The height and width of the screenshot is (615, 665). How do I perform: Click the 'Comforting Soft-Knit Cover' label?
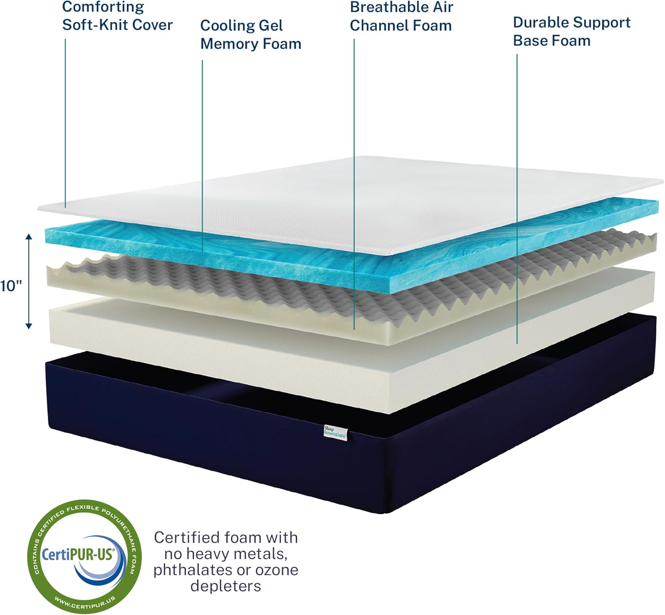pos(117,16)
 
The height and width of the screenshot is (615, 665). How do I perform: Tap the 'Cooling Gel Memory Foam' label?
pos(251,35)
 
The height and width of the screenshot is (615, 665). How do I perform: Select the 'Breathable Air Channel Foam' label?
pos(401,16)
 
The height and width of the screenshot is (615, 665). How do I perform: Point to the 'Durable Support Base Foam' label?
pos(571,31)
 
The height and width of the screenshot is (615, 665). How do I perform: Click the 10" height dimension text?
pos(11,286)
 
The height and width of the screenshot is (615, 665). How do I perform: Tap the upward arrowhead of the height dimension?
pos(29,237)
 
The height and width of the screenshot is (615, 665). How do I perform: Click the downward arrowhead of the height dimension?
pos(29,326)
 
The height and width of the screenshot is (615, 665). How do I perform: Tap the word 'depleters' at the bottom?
pos(226,586)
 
